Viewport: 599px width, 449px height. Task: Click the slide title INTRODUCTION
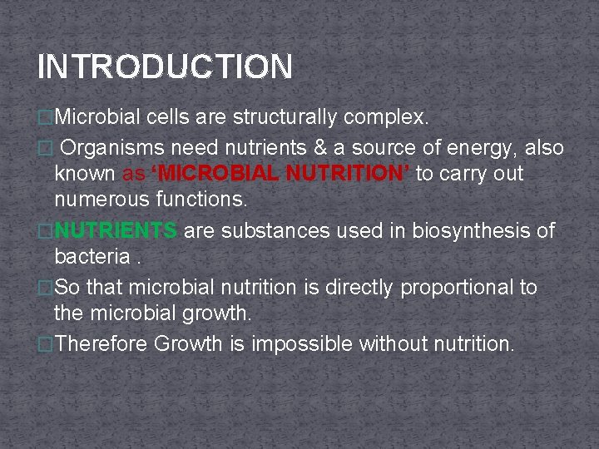pos(165,67)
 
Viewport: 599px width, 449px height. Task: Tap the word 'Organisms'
pos(114,148)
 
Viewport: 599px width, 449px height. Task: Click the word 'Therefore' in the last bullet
pos(101,343)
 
